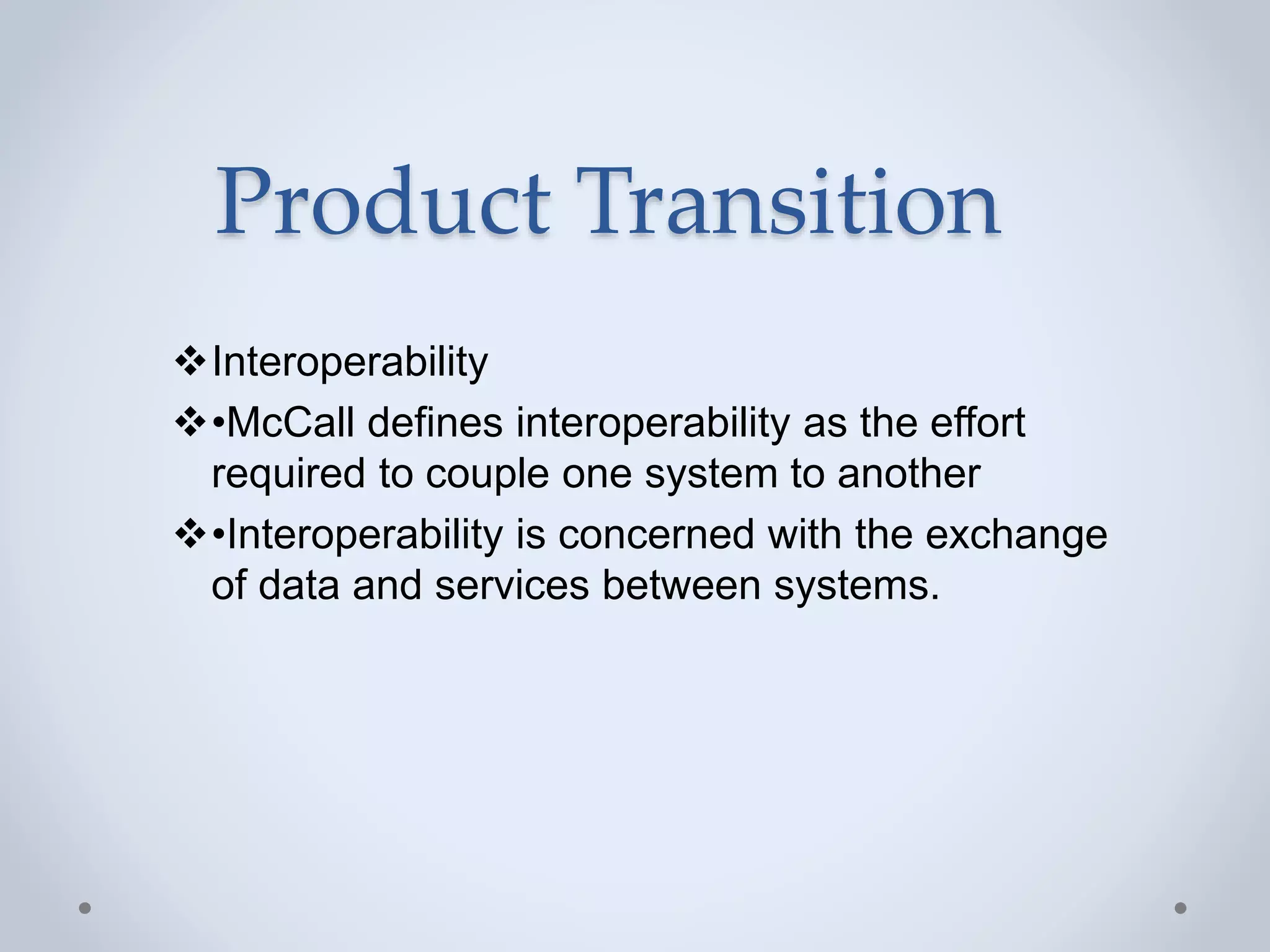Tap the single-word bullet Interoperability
point(350,362)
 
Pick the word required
point(288,474)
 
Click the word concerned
point(655,534)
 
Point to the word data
point(299,585)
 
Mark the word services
point(512,585)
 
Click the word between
point(681,585)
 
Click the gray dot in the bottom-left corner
point(85,908)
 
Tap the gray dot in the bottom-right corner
point(1181,908)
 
